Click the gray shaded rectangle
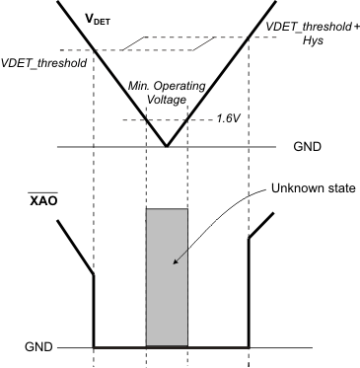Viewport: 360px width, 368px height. pyautogui.click(x=167, y=276)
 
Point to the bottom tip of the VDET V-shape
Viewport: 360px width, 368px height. pyautogui.click(x=167, y=148)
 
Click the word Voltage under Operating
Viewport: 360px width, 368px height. pyautogui.click(x=167, y=101)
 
